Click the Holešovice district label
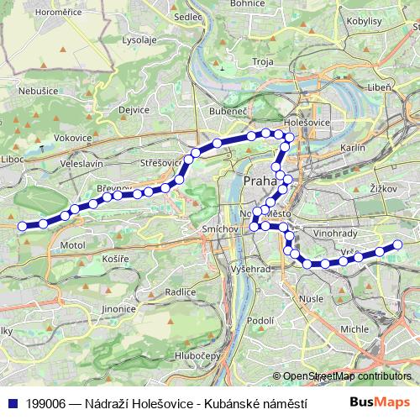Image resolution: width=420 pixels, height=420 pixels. (308, 122)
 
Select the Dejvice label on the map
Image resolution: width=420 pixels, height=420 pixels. (134, 109)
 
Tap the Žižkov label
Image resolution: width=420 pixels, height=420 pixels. (382, 190)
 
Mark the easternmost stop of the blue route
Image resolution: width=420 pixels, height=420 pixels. (398, 244)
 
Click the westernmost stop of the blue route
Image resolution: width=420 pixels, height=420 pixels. (22, 224)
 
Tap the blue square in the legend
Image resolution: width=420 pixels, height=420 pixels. (12, 403)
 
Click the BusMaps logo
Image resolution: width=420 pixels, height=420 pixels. (380, 403)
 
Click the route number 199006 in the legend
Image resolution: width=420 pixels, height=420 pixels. (47, 403)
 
